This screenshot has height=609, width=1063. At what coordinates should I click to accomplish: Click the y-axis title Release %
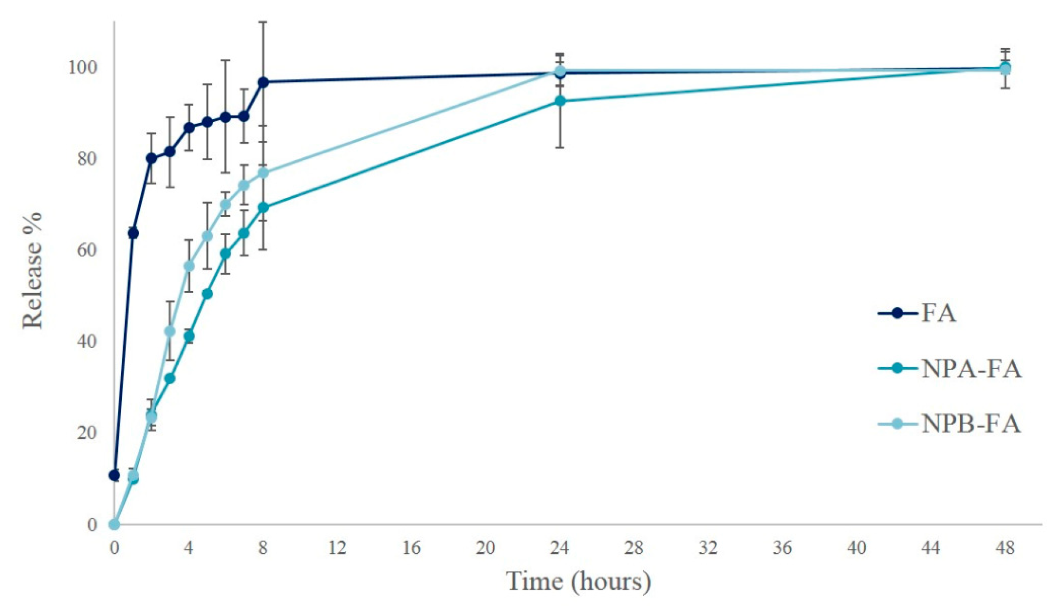[33, 271]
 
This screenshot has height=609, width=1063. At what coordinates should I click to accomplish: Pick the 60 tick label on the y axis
[87, 250]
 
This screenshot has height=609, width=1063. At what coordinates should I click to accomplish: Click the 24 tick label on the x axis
[559, 547]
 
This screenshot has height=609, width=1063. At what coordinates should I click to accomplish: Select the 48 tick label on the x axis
[1005, 547]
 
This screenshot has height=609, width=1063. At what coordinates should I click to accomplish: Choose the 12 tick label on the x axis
[337, 547]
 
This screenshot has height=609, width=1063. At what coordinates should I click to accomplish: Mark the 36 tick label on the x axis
[782, 547]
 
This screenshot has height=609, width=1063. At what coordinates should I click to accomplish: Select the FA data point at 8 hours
[263, 82]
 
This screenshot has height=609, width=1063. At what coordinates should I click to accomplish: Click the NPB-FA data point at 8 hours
[263, 173]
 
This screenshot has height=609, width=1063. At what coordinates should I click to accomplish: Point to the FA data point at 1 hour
[133, 233]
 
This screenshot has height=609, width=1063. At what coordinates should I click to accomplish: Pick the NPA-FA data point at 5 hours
[208, 294]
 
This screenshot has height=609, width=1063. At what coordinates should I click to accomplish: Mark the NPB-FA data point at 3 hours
[170, 331]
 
